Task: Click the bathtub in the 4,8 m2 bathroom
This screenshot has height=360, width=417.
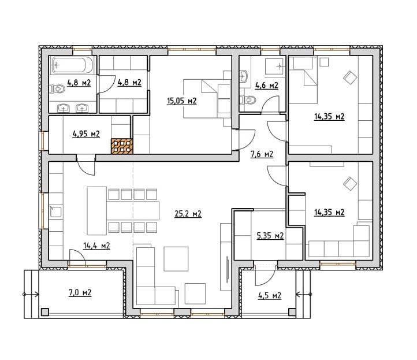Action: pos(72,65)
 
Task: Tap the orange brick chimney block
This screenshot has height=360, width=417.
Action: pos(122,146)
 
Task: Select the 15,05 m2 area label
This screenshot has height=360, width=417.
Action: pos(181,101)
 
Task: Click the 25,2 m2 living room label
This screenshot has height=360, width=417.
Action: pos(188,214)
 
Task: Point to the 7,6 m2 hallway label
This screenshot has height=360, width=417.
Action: pos(262,154)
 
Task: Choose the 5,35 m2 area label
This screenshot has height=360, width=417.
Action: pos(270,236)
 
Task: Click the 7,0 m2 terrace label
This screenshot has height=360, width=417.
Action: pos(80,293)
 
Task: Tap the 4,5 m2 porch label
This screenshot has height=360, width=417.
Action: pos(270,296)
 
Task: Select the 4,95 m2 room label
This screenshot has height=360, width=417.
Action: pos(86,134)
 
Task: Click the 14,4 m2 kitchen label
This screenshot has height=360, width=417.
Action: pos(96,246)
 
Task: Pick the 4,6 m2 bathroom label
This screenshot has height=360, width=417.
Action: pos(267,86)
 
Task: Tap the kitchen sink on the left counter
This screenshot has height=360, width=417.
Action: pos(55,212)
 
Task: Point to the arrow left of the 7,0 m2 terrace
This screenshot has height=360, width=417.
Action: pos(31,294)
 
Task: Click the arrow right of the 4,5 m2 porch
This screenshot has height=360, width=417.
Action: pos(304,294)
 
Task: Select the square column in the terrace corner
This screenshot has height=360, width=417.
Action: pos(45,312)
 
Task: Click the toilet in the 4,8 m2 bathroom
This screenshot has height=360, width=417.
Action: pos(57,89)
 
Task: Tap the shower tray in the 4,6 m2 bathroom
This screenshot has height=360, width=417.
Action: pos(274,66)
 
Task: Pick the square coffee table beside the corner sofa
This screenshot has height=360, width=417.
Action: pos(176,259)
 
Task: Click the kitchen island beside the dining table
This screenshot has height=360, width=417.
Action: pos(97,211)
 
